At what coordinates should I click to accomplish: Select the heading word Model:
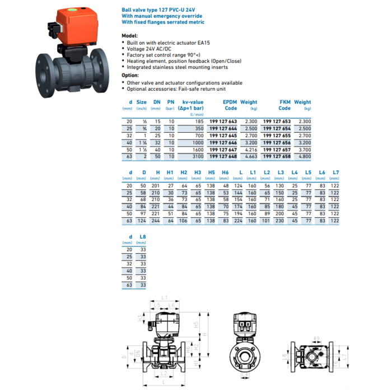(x=129, y=35)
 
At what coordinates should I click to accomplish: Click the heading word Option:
(x=130, y=74)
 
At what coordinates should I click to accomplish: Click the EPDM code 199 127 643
(x=223, y=121)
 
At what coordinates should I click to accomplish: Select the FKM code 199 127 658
(x=277, y=157)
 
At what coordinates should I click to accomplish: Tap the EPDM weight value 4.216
(x=250, y=150)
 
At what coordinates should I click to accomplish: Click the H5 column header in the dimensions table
(x=211, y=172)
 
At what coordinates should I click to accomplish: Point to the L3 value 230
(x=281, y=221)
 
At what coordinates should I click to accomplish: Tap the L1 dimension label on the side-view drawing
(x=165, y=296)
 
